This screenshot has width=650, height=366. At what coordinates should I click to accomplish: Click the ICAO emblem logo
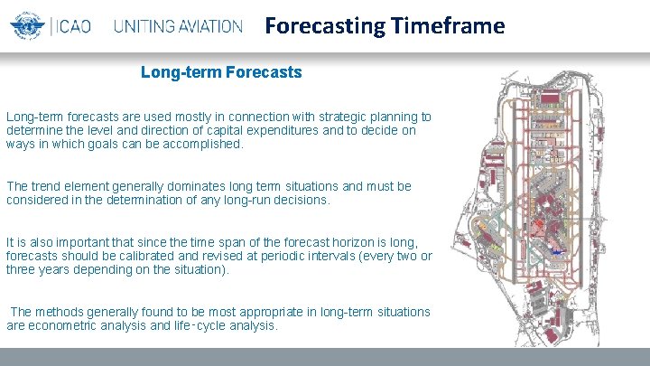point(28,26)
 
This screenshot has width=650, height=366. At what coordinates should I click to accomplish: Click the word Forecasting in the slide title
point(325,26)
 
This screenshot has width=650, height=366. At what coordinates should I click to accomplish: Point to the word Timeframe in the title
point(448,26)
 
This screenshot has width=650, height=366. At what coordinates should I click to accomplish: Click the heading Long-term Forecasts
point(221,71)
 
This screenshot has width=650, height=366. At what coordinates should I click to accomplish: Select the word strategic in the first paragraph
point(325,117)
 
